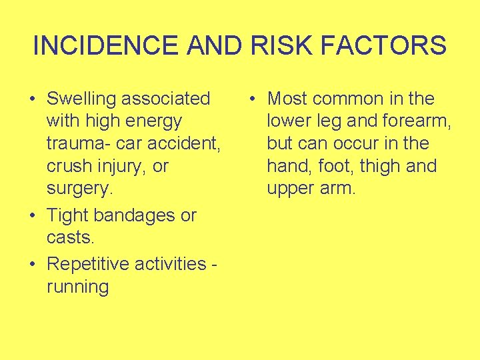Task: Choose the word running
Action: [x=77, y=287]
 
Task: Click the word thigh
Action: [x=385, y=166]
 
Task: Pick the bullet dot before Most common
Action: [x=252, y=99]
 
